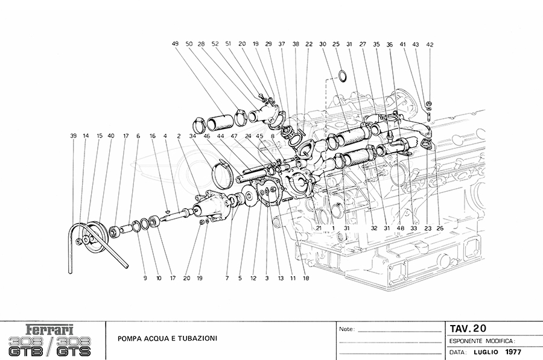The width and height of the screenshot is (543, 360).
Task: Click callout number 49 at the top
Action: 175,44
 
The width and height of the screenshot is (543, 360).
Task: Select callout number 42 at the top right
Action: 430,45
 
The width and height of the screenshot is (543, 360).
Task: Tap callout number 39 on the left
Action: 73,136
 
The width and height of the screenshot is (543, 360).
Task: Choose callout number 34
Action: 192,136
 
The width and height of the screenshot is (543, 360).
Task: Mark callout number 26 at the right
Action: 440,229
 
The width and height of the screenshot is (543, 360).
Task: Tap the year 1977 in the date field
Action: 513,352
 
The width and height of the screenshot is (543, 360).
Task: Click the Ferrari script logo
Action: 51,329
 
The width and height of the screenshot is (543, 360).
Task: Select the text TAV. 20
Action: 468,328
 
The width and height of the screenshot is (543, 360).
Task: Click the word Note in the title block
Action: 347,330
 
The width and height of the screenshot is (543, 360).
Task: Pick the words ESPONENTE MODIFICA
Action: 481,341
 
